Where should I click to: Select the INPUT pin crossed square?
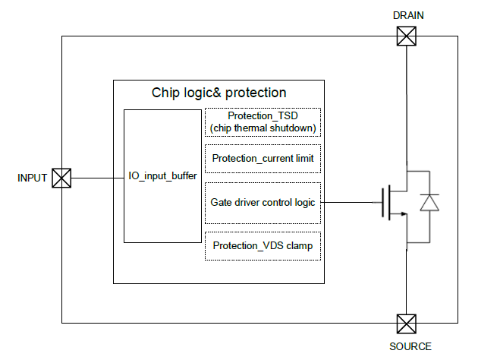[x=61, y=178]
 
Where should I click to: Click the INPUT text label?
[x=32, y=178]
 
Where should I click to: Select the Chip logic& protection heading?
[x=219, y=93]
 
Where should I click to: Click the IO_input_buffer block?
[x=162, y=176]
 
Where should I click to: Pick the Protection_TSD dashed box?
[x=263, y=122]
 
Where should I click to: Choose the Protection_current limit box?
[x=263, y=159]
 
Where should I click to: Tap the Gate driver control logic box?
[x=263, y=203]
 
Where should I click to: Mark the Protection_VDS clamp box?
[x=263, y=246]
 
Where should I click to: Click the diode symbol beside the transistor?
[x=430, y=203]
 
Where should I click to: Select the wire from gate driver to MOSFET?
[x=349, y=203]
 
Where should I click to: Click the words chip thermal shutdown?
[x=263, y=128]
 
